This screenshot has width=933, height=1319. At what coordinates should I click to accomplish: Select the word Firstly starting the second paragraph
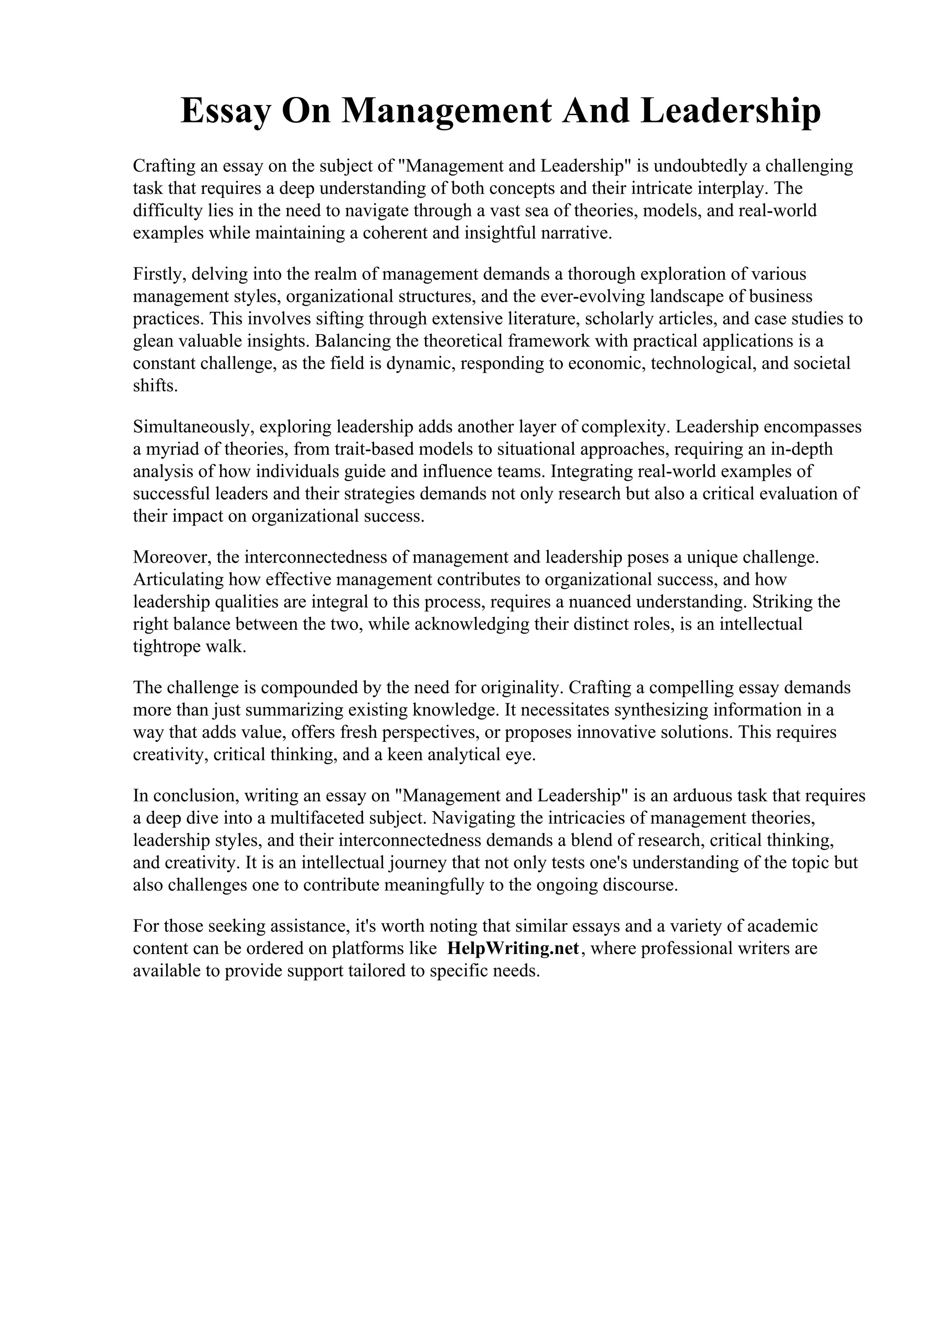[158, 274]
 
